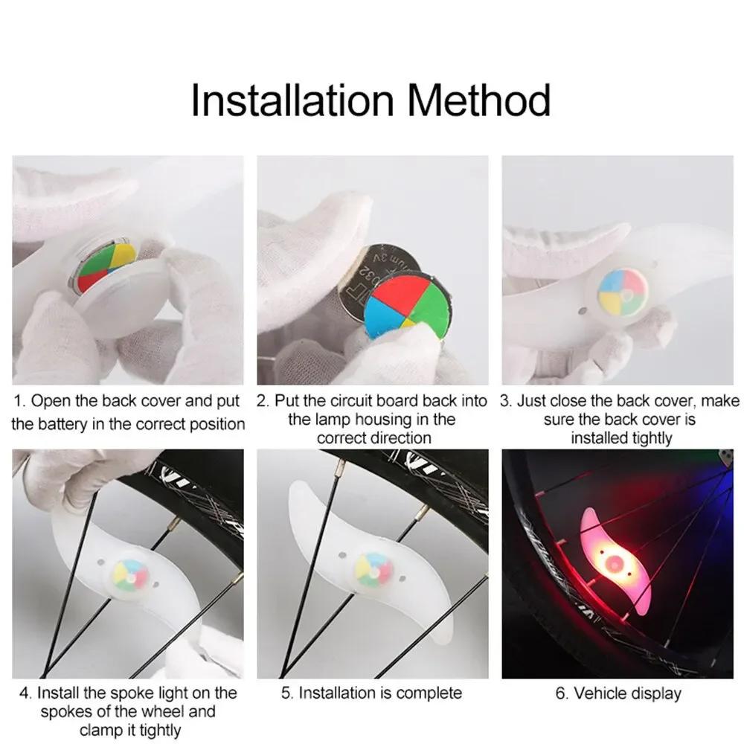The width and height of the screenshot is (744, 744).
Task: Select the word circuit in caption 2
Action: point(349,402)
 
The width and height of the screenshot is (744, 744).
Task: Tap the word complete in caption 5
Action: point(428,693)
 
